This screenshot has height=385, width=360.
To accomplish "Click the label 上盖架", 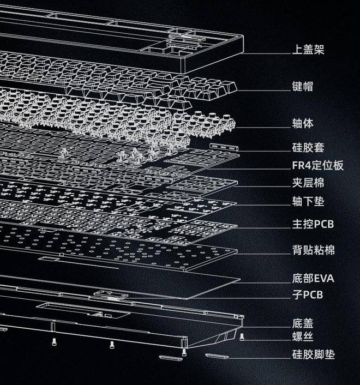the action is click(x=308, y=50).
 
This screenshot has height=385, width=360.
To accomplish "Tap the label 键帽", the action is click(x=303, y=86).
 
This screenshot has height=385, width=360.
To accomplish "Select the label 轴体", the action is click(x=303, y=123).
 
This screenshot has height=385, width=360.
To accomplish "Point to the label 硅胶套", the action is click(x=308, y=148).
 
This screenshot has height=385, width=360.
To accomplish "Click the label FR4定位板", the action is click(x=317, y=165).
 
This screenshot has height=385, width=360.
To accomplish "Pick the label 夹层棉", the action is click(x=308, y=183).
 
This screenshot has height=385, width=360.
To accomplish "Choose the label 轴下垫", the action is click(x=308, y=201).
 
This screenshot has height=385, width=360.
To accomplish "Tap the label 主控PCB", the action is click(x=313, y=224).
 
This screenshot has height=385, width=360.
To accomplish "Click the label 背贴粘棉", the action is click(x=313, y=250).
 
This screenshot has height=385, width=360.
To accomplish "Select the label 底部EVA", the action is click(x=313, y=279).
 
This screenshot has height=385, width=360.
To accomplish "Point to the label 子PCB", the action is click(x=308, y=294).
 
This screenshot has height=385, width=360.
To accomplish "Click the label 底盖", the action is click(x=303, y=323).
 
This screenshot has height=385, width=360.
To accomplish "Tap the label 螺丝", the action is click(x=303, y=336).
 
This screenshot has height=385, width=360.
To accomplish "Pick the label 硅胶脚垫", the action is click(x=313, y=354).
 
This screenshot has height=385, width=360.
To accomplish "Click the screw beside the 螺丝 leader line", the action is click(x=242, y=336).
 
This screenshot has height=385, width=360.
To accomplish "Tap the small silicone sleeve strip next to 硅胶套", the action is click(x=224, y=147).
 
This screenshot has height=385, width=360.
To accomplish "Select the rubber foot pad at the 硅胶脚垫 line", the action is click(x=217, y=356).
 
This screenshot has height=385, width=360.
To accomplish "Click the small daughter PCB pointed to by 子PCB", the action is click(x=111, y=295).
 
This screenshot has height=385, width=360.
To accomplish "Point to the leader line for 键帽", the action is click(x=264, y=91).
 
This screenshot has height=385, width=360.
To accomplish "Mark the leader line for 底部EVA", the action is click(x=265, y=282).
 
